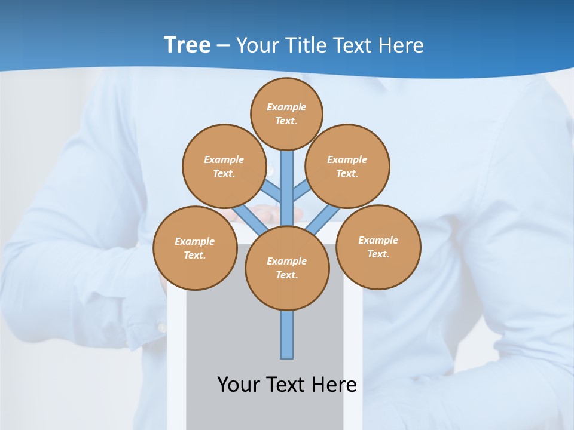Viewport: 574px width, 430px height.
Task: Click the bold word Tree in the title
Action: [187, 45]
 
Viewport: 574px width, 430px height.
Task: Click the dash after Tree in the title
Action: [223, 46]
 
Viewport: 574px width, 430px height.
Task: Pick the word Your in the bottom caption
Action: [239, 384]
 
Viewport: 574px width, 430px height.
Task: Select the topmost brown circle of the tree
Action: [286, 113]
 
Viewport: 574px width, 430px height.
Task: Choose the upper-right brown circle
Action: [347, 166]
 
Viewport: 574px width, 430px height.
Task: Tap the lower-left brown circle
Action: [195, 248]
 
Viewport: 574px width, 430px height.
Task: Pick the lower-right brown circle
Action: [378, 247]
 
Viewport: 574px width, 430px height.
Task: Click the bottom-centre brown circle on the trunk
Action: [287, 268]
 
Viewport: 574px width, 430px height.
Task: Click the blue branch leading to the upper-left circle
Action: [271, 192]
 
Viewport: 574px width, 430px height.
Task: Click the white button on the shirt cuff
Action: [161, 327]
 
